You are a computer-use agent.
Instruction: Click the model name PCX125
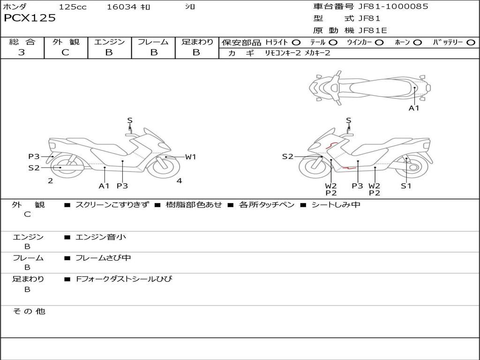coord(30,18)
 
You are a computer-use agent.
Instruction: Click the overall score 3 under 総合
coord(22,52)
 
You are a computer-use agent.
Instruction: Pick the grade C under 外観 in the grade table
coord(66,52)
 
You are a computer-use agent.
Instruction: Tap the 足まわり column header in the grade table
coord(197,42)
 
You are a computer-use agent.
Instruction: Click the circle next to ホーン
coord(418,43)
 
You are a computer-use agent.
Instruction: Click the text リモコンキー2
coord(283,53)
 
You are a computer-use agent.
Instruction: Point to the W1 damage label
coord(190,157)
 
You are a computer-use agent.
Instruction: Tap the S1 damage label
coord(406,186)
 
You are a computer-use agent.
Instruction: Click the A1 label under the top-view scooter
coord(414,108)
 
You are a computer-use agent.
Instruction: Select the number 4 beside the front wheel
coord(179,181)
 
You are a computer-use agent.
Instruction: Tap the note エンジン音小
coord(101,237)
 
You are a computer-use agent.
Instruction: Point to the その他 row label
coord(29,311)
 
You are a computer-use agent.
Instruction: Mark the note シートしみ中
coord(336,205)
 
